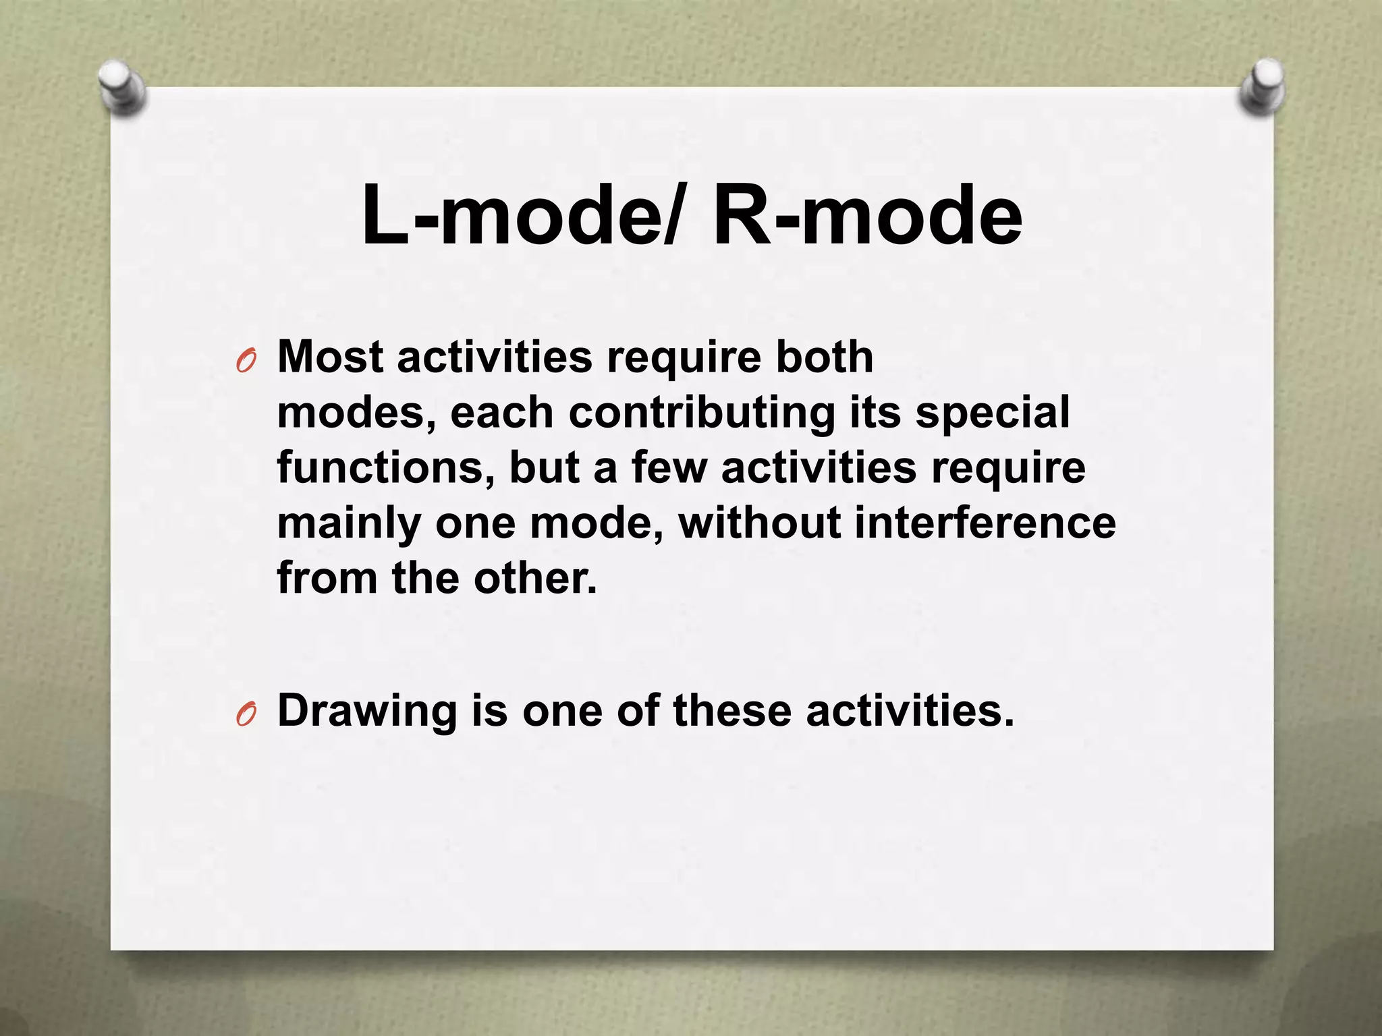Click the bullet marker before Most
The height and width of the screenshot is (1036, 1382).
coord(246,363)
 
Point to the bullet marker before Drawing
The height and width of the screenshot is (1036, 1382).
coord(246,716)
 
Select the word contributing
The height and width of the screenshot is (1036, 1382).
coord(702,413)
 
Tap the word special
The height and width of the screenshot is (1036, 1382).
coord(992,413)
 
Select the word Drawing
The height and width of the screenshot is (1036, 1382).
coord(367,711)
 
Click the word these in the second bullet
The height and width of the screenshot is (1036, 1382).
coord(731,711)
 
